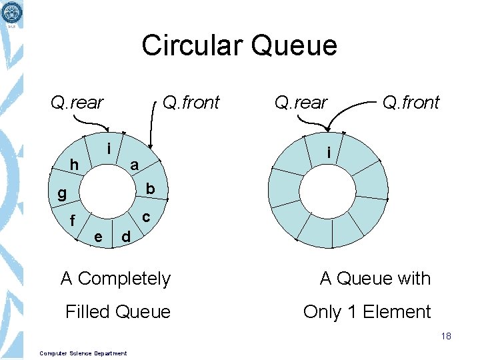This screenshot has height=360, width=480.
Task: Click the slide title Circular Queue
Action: coord(239,46)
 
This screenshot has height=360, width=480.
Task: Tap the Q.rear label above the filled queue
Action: coord(77,103)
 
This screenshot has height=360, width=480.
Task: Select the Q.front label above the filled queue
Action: coord(191,103)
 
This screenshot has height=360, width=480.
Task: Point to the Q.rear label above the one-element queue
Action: coord(301,103)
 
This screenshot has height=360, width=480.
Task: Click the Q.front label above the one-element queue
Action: coord(411,103)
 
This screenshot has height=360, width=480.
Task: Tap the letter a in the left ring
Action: coord(134,165)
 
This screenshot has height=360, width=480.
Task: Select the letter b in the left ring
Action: coord(150,189)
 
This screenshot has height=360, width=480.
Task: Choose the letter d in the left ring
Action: coord(125,236)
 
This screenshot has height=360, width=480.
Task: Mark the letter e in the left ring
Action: coord(98,236)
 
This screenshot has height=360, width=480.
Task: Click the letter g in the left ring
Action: coord(61,193)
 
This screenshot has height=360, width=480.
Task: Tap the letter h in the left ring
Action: coord(75,165)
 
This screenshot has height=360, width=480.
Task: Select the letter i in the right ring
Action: coord(328,153)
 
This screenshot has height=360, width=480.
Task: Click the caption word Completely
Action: coord(124,279)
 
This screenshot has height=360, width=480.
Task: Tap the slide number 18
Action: coord(446,336)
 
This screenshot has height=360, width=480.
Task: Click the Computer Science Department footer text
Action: coord(83,353)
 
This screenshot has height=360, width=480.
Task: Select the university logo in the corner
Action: coord(11,13)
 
